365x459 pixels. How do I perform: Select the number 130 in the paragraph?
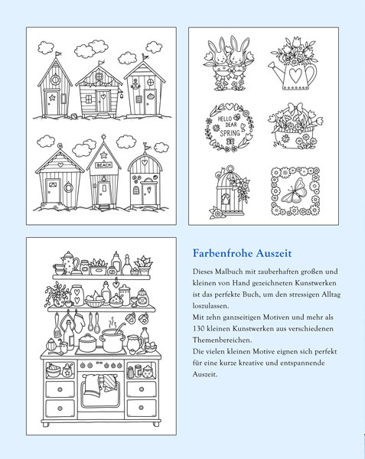tap(198, 328)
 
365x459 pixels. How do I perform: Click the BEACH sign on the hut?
tap(104, 165)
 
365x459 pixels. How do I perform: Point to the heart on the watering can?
tap(295, 76)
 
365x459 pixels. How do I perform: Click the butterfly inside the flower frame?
tap(295, 191)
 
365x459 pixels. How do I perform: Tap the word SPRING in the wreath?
tap(230, 132)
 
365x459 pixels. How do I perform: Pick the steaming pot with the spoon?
tap(112, 338)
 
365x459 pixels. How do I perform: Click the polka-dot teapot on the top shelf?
tap(69, 262)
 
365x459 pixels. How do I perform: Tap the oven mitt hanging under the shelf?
tap(79, 323)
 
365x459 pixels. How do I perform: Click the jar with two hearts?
tap(77, 295)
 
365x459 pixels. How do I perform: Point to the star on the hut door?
tap(52, 97)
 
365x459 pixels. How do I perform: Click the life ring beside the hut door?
tap(69, 187)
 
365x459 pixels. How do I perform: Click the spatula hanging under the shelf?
tap(57, 326)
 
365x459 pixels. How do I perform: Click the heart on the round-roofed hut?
tap(145, 161)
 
